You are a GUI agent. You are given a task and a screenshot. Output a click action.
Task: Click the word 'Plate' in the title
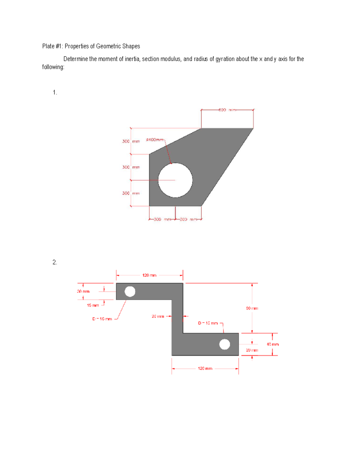(48, 46)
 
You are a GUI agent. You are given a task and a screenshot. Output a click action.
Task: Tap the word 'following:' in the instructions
(53, 67)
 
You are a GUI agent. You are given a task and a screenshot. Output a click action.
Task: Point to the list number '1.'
(55, 92)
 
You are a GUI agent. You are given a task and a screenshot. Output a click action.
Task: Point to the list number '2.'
(55, 262)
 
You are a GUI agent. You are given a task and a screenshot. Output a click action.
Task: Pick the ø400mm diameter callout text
(155, 140)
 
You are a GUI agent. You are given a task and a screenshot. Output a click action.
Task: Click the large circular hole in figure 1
(175, 180)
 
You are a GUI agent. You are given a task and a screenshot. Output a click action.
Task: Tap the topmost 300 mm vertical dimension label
(131, 141)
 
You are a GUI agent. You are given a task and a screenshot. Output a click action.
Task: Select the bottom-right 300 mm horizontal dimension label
(188, 219)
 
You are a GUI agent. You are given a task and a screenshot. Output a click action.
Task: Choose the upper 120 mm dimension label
(149, 275)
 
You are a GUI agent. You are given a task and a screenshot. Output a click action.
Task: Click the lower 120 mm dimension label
(205, 368)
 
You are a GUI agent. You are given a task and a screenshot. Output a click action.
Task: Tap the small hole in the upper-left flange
(130, 291)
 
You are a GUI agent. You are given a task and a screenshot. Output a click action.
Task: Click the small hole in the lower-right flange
(224, 344)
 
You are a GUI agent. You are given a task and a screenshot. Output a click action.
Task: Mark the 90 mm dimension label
(252, 308)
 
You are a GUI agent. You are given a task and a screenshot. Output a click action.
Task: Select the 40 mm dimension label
(273, 344)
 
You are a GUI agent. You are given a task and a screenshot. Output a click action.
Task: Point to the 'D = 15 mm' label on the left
(102, 319)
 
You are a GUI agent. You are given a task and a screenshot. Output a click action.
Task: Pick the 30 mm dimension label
(83, 291)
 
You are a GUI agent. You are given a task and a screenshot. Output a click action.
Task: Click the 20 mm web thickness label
(158, 316)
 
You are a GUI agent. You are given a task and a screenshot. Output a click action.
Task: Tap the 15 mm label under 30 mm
(93, 305)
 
